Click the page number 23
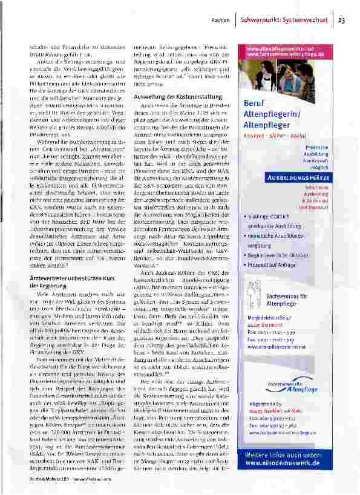[341, 20]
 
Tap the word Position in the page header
[220, 21]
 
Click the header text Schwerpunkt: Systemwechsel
[284, 20]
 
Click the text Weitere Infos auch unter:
[288, 454]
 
